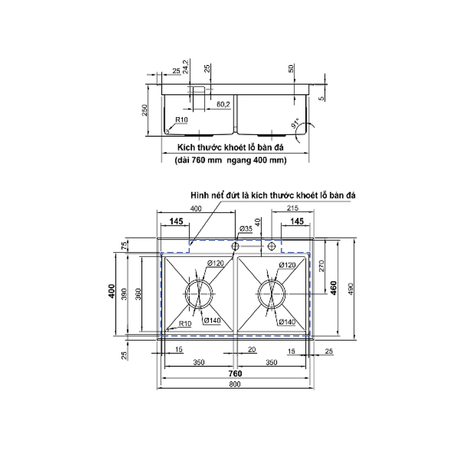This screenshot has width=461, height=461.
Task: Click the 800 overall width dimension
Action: click(x=235, y=384)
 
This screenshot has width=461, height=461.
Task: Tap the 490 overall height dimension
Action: click(x=351, y=289)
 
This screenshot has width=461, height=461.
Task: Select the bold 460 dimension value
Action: click(x=333, y=288)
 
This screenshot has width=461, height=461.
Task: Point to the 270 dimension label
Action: click(x=322, y=265)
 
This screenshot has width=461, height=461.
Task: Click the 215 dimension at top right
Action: click(x=292, y=208)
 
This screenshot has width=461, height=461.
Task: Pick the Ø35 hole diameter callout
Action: click(x=246, y=228)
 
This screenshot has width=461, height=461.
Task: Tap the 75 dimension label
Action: click(x=124, y=245)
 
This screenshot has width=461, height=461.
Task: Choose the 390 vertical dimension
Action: click(x=124, y=294)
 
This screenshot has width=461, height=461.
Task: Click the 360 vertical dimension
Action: click(x=138, y=294)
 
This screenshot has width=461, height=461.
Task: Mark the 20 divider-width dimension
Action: click(x=252, y=349)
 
